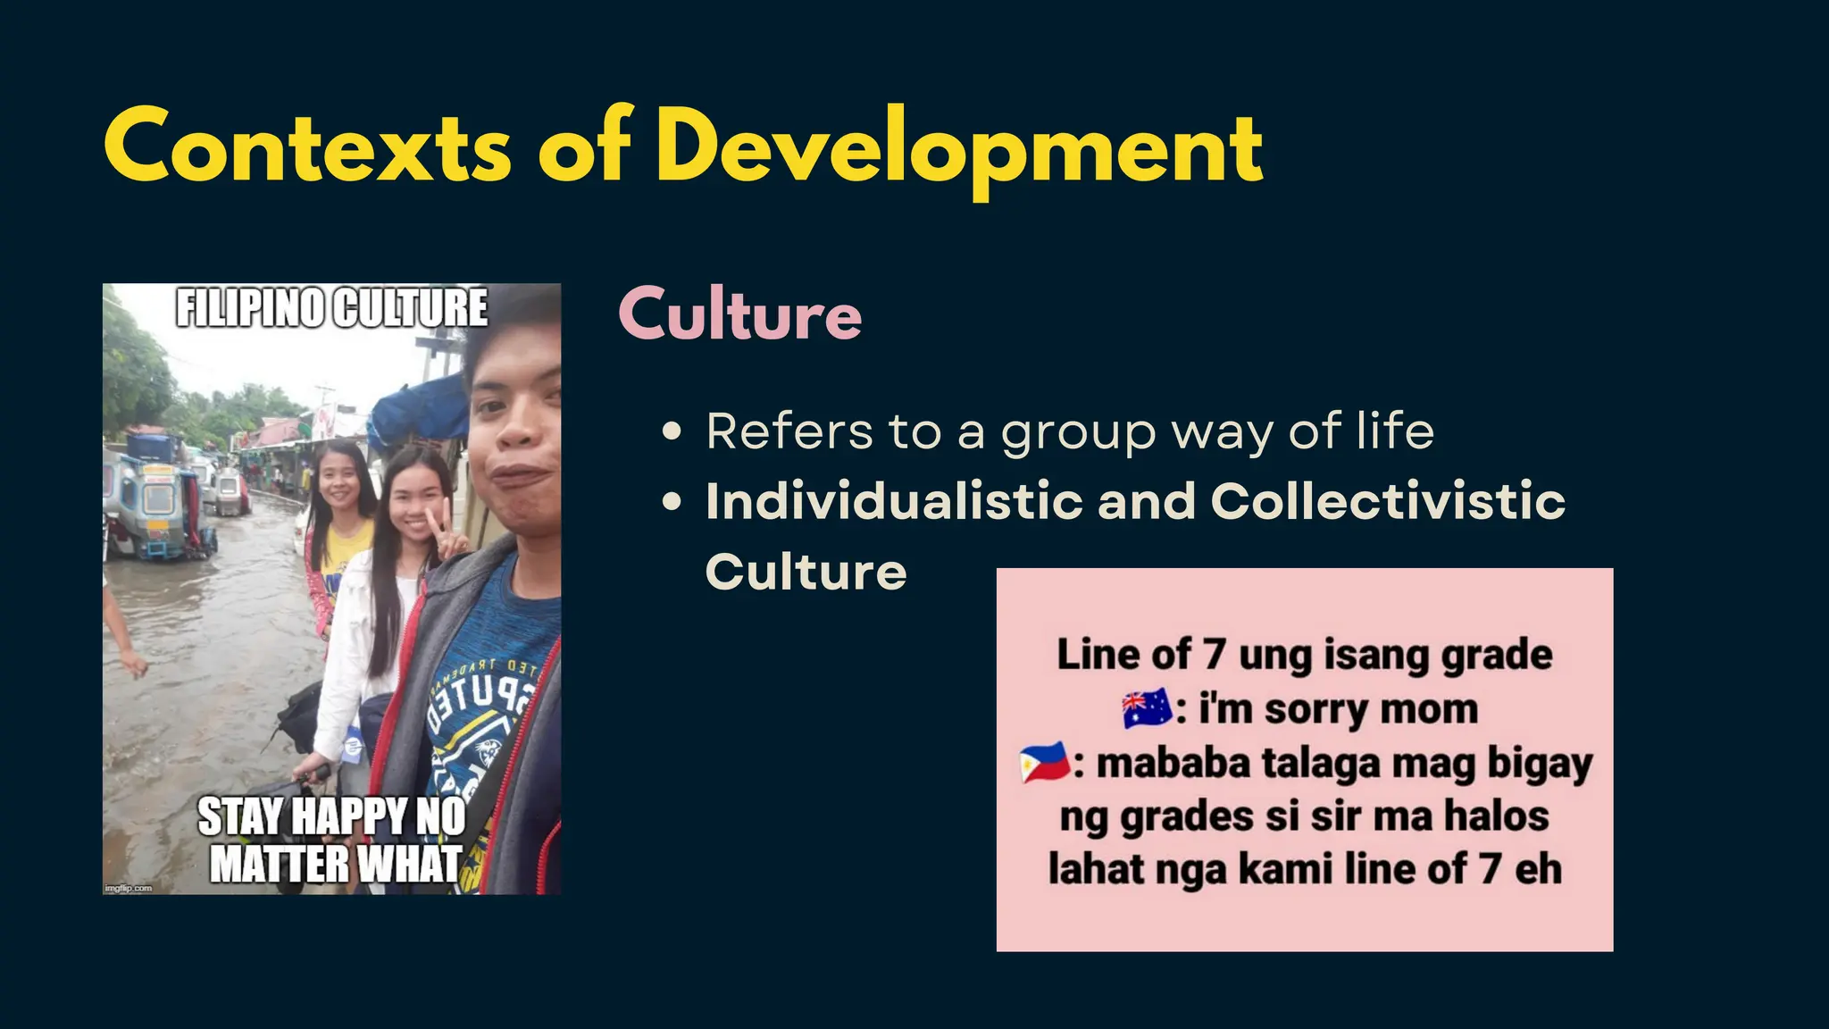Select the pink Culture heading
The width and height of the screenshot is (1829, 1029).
point(739,314)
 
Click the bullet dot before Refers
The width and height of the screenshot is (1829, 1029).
point(672,433)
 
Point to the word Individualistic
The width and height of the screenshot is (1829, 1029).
point(894,500)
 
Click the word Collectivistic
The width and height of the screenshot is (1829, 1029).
point(1387,500)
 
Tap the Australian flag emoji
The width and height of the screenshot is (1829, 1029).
point(1147,708)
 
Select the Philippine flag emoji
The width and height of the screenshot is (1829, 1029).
point(1044,763)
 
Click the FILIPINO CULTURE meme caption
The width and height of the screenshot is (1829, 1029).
point(331,308)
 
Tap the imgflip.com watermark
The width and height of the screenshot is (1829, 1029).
point(129,888)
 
